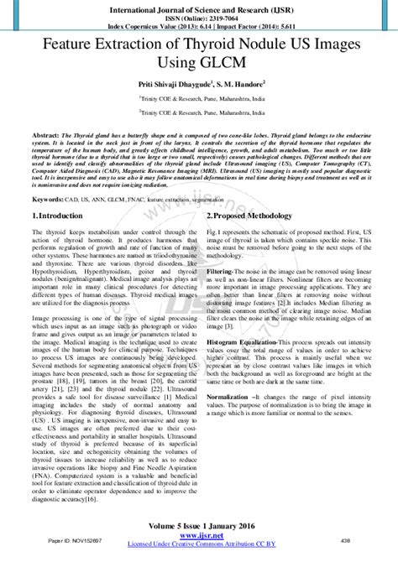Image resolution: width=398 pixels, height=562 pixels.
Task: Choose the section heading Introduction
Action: click(x=60, y=216)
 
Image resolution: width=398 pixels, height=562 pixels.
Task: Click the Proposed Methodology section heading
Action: click(x=254, y=216)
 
